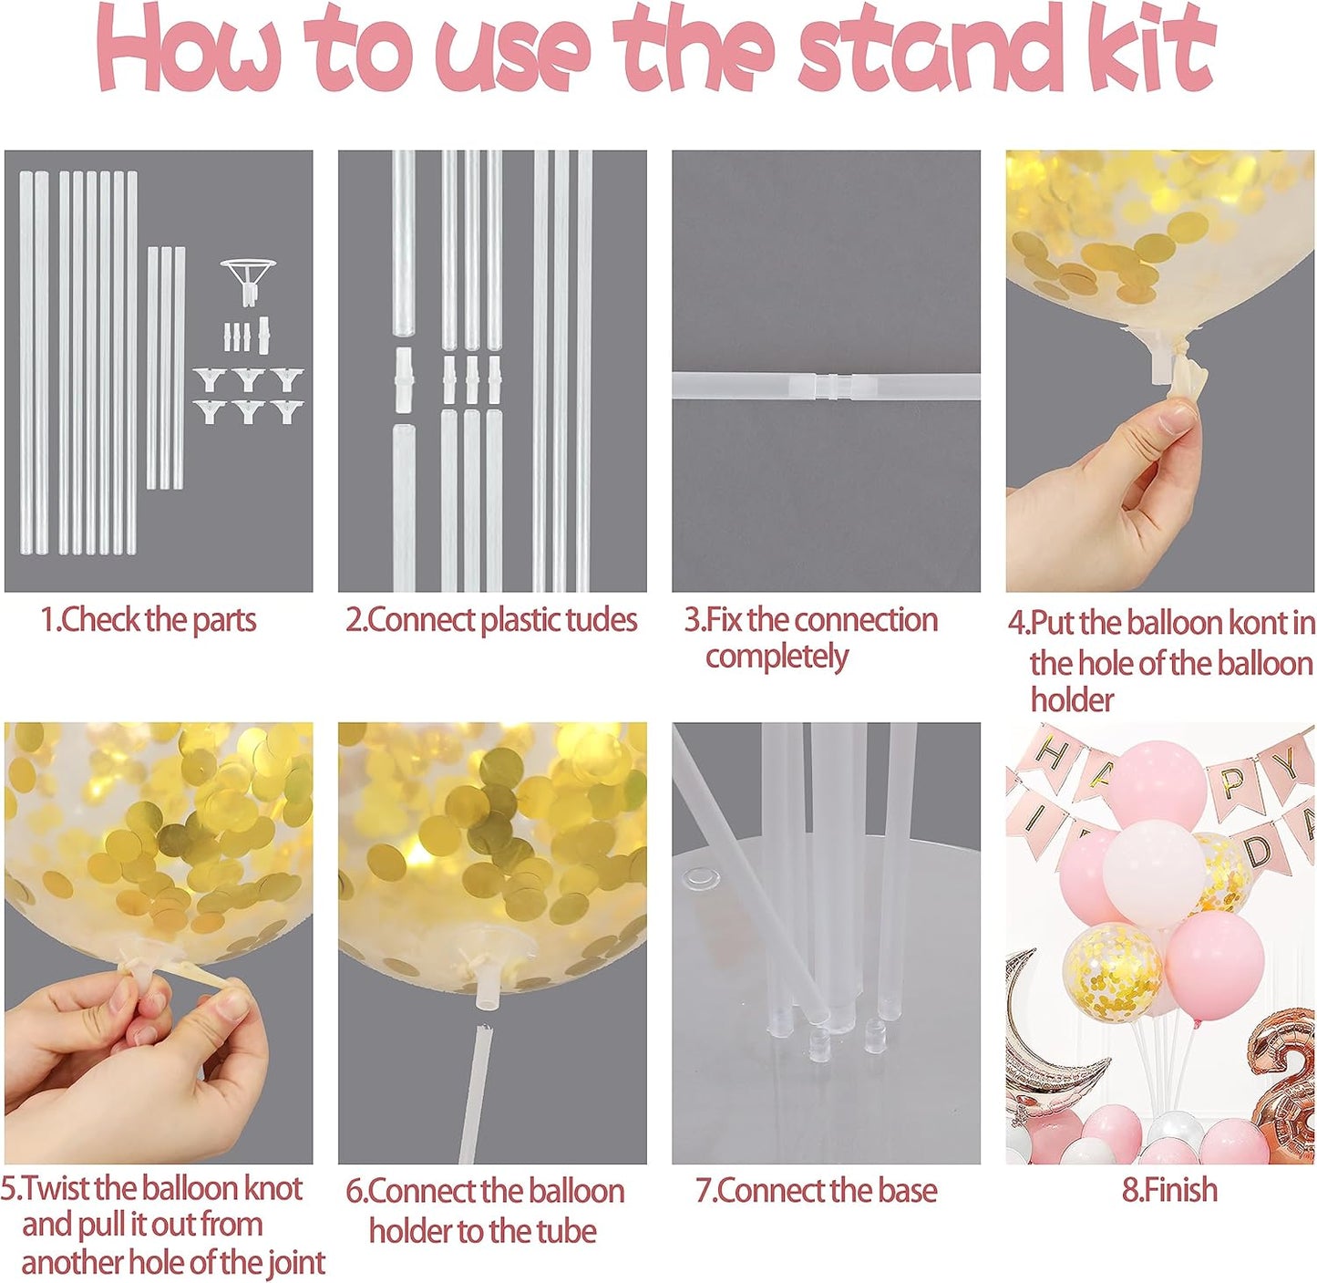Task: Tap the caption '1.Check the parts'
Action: point(149,620)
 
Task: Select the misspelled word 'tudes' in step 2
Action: point(602,620)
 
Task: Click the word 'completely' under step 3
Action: point(777,657)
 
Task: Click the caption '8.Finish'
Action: point(1169,1190)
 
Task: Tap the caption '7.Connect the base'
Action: point(816,1191)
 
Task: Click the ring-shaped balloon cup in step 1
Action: point(247,274)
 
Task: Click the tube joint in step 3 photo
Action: point(826,385)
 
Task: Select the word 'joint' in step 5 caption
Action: point(295,1263)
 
